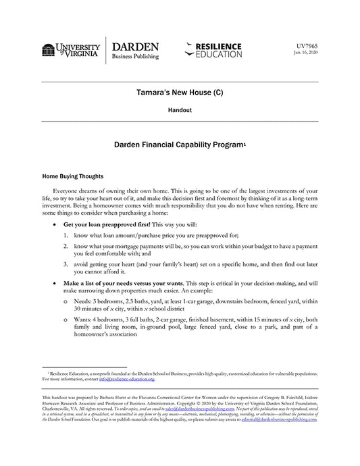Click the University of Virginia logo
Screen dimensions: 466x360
[70, 50]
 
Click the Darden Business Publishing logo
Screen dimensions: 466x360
[135, 51]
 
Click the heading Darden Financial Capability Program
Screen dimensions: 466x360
[178, 144]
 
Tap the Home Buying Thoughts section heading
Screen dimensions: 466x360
[72, 174]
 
